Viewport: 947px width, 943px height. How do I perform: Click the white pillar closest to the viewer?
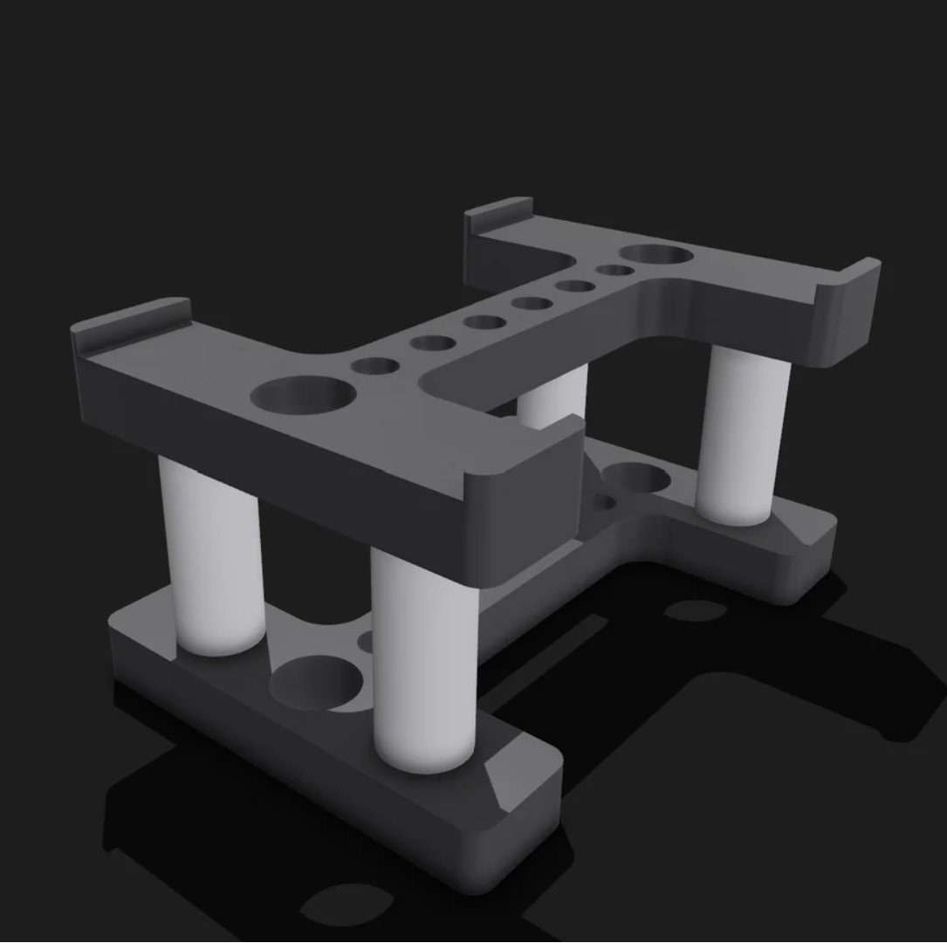pos(423,659)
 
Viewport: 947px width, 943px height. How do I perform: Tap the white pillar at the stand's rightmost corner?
pos(744,437)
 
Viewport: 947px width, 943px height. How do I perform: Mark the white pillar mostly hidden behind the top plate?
pos(553,398)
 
